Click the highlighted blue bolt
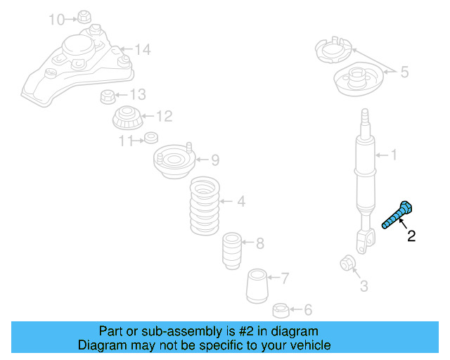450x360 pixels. pyautogui.click(x=398, y=215)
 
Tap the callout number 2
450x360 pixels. pyautogui.click(x=411, y=236)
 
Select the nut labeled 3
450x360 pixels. pyautogui.click(x=348, y=263)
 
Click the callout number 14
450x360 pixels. pyautogui.click(x=143, y=49)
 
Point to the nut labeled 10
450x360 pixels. pyautogui.click(x=84, y=17)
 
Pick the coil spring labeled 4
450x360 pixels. pyautogui.click(x=205, y=206)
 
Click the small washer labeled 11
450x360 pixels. pyautogui.click(x=151, y=138)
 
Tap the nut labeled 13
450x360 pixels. pyautogui.click(x=108, y=97)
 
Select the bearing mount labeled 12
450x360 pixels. pyautogui.click(x=128, y=117)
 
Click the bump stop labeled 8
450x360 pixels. pyautogui.click(x=232, y=250)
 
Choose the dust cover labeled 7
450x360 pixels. pyautogui.click(x=257, y=286)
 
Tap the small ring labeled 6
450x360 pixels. pyautogui.click(x=281, y=311)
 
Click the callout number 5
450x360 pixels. pyautogui.click(x=404, y=72)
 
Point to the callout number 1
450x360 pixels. pyautogui.click(x=394, y=155)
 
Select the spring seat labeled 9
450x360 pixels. pyautogui.click(x=174, y=161)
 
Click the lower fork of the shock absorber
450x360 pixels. pyautogui.click(x=365, y=241)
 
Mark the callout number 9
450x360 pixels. pyautogui.click(x=215, y=160)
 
